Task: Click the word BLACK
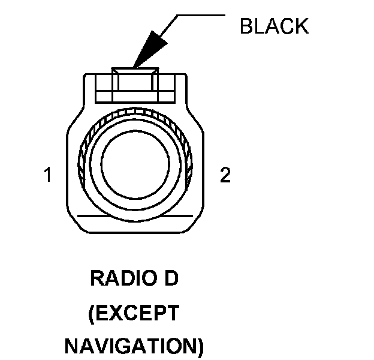pos(274,26)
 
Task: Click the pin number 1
pos(48,176)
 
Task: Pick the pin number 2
pos(225,176)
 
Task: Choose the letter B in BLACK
pos(245,26)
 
